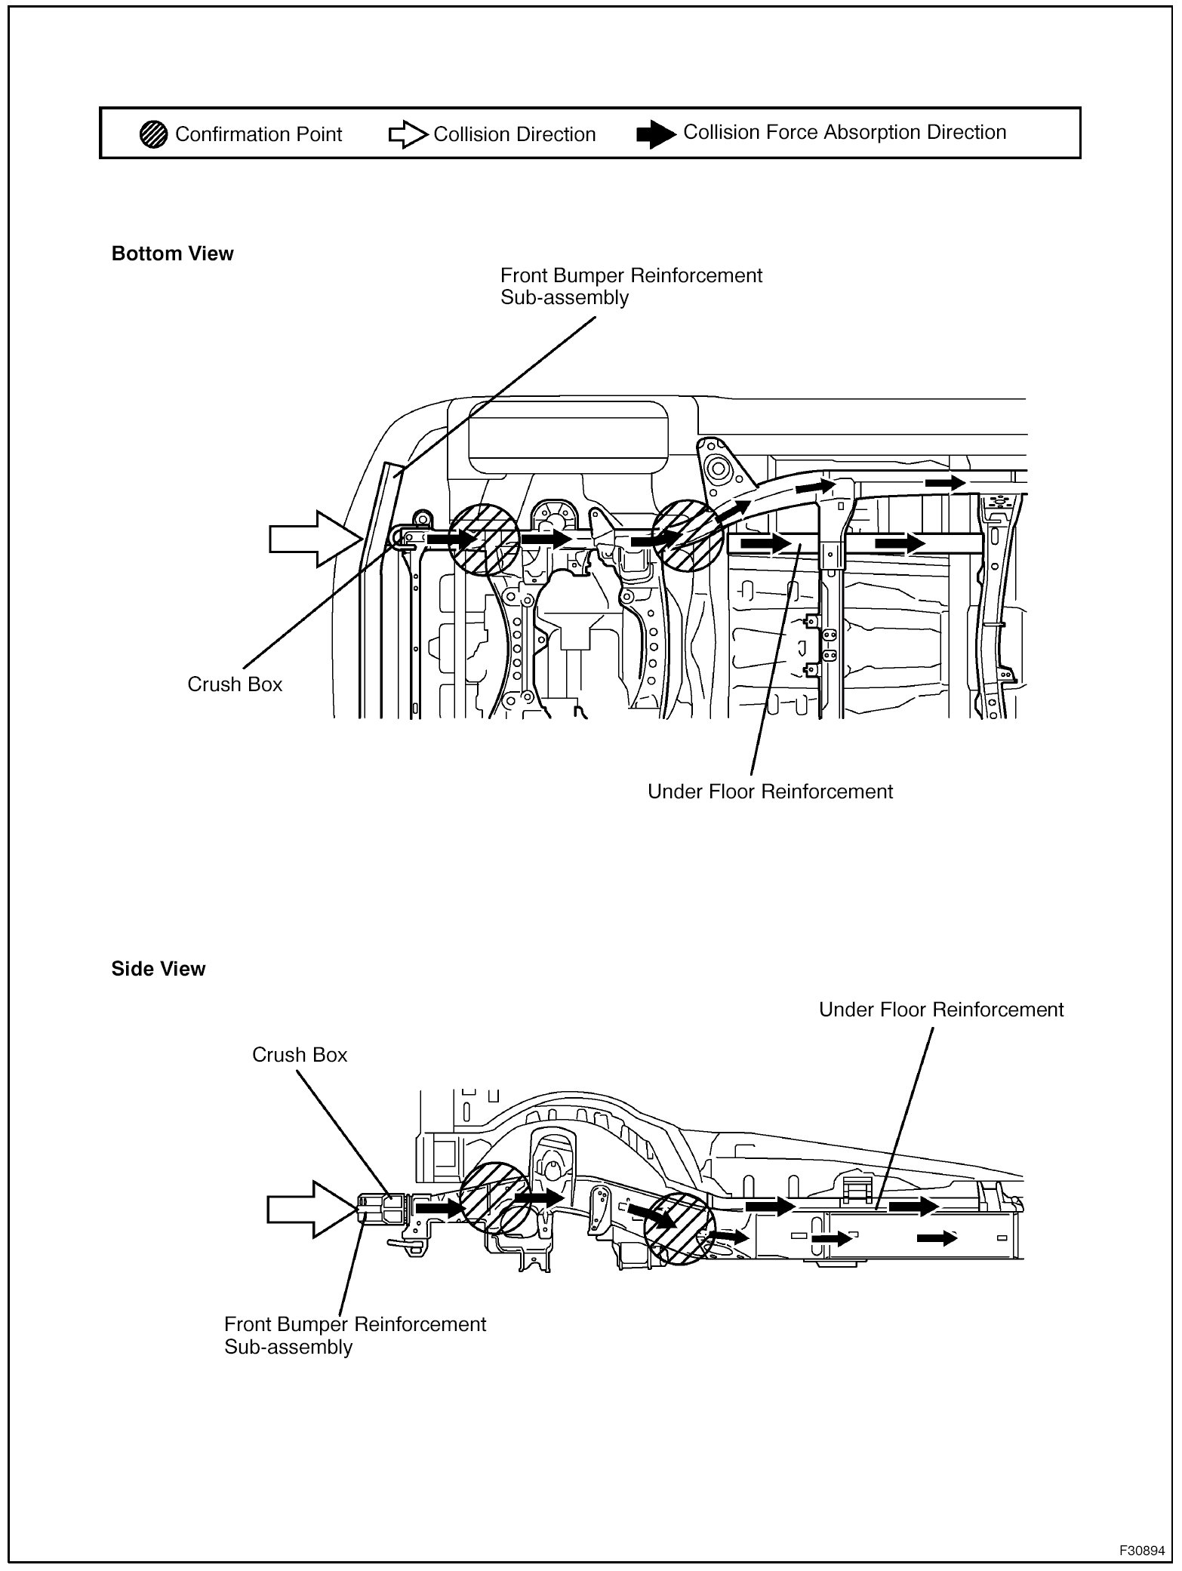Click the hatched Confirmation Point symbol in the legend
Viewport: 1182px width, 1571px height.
coord(153,134)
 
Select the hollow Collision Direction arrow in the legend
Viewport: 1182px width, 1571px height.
coord(408,135)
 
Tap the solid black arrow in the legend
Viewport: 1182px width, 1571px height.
coord(655,134)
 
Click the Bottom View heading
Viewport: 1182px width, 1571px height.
coord(172,254)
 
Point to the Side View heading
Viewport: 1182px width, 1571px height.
coord(158,969)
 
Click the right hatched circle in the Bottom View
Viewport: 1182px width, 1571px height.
coord(688,536)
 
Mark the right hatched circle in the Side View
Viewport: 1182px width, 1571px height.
coord(679,1228)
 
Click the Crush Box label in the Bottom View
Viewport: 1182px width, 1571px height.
coord(235,684)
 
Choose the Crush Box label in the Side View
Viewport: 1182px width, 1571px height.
coord(300,1055)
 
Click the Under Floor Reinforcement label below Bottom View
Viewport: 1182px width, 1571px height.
coord(770,792)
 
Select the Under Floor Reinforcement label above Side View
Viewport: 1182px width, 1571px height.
coord(941,1010)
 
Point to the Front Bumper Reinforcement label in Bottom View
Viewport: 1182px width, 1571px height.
coord(631,286)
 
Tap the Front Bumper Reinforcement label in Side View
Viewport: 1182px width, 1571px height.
coord(355,1335)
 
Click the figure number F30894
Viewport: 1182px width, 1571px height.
coord(1141,1551)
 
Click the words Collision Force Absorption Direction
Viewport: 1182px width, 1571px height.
coord(845,132)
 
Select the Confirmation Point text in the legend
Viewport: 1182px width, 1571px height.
coord(258,134)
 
